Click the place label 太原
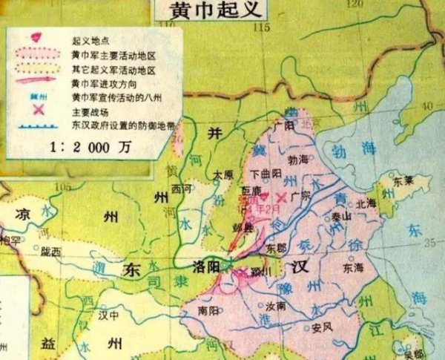tap(222, 175)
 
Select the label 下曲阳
tap(266, 174)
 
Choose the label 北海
tap(366, 202)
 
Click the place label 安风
tap(320, 327)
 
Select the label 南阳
tap(209, 312)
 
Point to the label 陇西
tap(50, 252)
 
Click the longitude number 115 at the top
tap(259, 27)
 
